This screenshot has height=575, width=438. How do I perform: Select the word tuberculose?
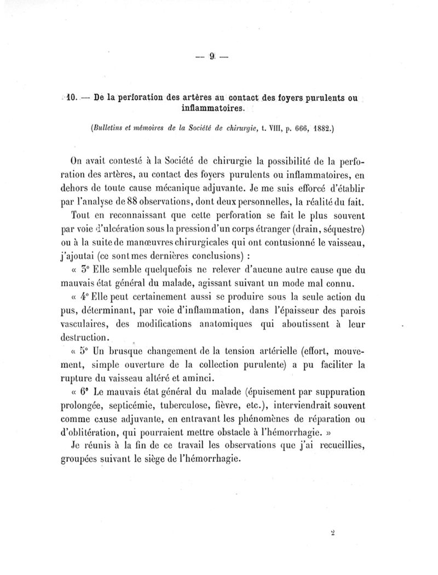click(x=188, y=407)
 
